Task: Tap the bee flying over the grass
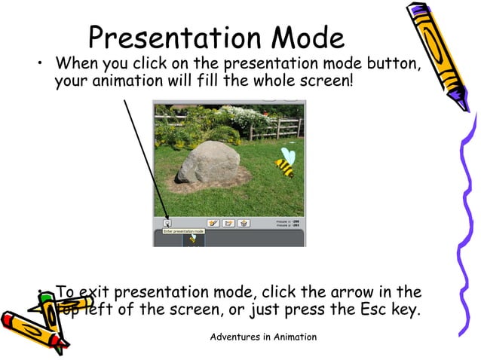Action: [285, 162]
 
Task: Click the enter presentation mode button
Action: [167, 223]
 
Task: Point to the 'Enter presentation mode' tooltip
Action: [184, 230]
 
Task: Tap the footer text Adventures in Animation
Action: [263, 336]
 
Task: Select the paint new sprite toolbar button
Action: [214, 223]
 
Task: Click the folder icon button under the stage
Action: [229, 223]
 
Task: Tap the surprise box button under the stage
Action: [245, 223]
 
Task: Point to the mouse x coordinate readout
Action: [287, 220]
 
